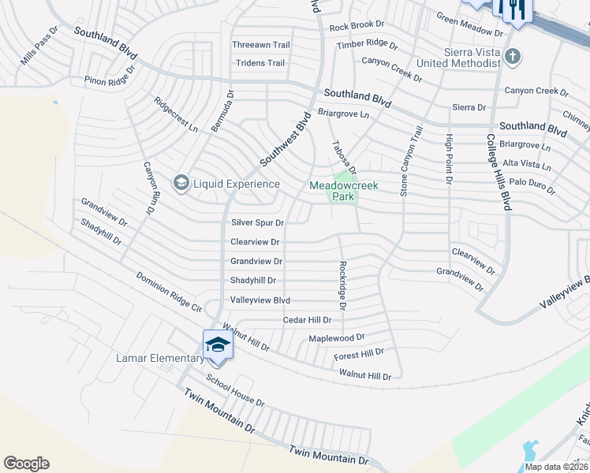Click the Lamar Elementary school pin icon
pos(218,345)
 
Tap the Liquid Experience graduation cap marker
pos(181,184)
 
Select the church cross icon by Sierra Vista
pos(513,56)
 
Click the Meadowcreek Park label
pos(343,191)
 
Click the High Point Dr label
pos(450,158)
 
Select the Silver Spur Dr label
pos(257,223)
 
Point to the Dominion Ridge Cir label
pos(169,292)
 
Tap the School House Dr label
pos(235,389)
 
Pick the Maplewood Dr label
pos(336,337)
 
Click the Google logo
pos(26,464)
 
